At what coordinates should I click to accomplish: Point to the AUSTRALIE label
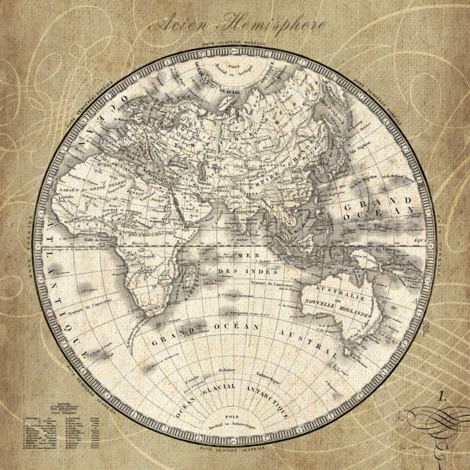click(344, 293)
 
